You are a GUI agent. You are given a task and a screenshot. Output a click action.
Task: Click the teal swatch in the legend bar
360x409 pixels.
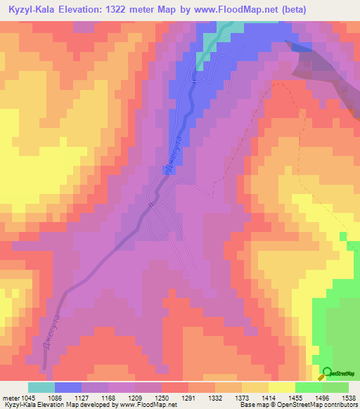click(41, 388)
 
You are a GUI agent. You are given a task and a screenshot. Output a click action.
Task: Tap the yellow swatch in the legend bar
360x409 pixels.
click(281, 388)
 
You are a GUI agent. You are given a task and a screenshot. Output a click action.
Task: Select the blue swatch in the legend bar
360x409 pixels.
click(68, 388)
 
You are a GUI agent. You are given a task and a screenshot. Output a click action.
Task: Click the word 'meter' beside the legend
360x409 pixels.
click(11, 399)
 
